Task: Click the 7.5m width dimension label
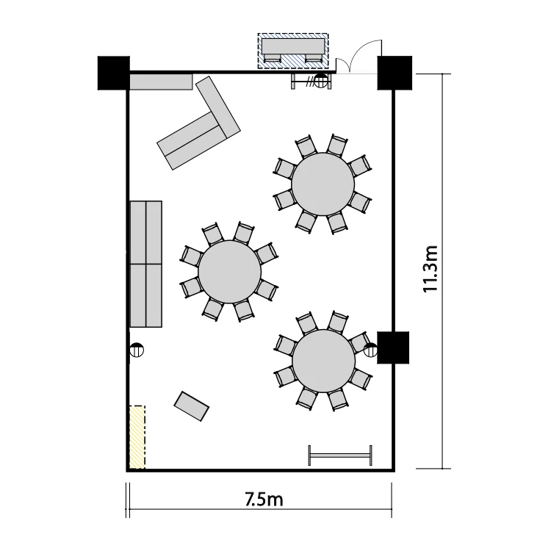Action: (x=264, y=499)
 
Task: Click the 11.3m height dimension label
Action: (x=430, y=269)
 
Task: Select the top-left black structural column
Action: (x=113, y=73)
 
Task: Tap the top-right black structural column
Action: (x=395, y=73)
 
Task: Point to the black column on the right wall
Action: (x=393, y=347)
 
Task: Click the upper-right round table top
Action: (x=323, y=184)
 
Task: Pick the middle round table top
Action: (x=229, y=272)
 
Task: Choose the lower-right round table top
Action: (x=324, y=361)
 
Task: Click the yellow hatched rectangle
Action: (x=137, y=437)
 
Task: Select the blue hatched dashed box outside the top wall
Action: (x=293, y=51)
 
